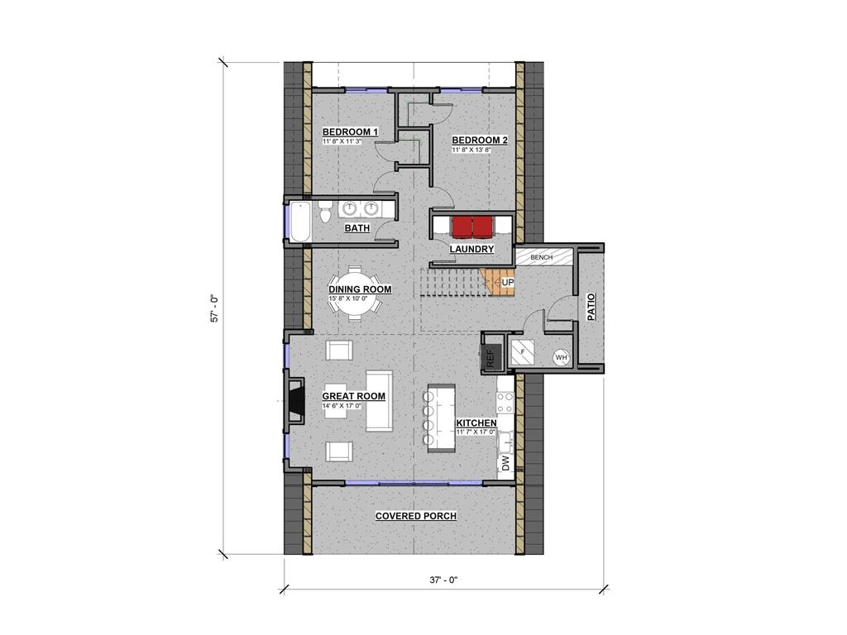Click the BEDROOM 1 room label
point(350,131)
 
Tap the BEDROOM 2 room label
point(480,141)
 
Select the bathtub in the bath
point(299,222)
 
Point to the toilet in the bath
point(324,212)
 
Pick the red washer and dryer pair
point(473,227)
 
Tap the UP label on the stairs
point(508,283)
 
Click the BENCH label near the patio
point(541,258)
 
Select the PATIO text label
point(591,307)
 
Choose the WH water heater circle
point(562,357)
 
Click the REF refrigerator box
point(491,352)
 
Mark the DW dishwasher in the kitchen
point(505,463)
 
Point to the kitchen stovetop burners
point(505,403)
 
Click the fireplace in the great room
point(296,401)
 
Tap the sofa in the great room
point(379,401)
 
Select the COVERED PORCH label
point(416,516)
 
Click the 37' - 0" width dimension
point(443,580)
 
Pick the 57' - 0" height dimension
point(214,308)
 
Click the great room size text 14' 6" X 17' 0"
point(342,405)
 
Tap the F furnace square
point(523,352)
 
